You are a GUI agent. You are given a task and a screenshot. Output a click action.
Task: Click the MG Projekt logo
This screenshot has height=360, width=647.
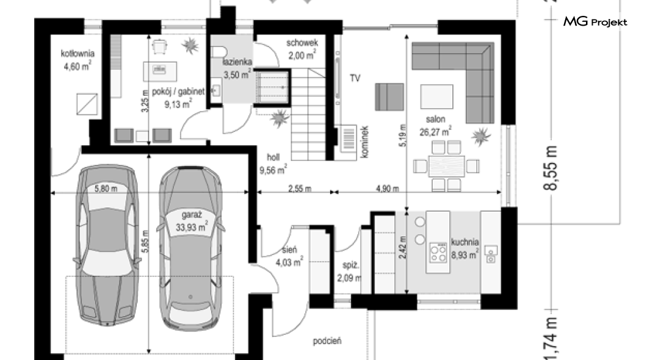click(595, 21)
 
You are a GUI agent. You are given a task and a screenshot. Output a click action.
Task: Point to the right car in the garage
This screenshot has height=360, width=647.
click(190, 247)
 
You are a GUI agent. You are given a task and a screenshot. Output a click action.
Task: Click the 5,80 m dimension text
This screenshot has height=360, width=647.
click(106, 189)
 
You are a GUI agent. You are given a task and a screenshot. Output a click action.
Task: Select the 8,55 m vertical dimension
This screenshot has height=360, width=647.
click(551, 168)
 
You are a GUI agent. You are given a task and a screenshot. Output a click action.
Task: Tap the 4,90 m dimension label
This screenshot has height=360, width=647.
click(387, 189)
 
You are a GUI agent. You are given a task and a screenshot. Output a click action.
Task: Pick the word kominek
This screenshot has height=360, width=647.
click(364, 142)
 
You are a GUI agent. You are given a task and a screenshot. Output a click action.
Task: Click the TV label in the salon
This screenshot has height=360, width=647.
click(355, 78)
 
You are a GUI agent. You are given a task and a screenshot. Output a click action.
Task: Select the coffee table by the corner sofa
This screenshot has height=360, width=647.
click(436, 96)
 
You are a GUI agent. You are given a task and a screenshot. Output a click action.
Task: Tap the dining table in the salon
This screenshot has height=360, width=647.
click(446, 167)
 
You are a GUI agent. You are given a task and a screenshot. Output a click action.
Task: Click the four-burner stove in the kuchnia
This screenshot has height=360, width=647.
click(438, 253)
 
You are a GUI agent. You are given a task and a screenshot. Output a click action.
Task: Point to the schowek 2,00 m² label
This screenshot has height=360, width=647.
click(302, 49)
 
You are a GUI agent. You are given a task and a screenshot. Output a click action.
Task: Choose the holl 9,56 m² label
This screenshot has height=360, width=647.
click(273, 164)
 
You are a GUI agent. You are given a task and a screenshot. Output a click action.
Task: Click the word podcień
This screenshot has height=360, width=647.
click(327, 341)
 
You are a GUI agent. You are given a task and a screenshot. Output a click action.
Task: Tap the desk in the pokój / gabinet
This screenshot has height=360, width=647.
click(160, 71)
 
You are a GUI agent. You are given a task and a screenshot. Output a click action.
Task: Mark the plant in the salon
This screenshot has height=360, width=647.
click(481, 136)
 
